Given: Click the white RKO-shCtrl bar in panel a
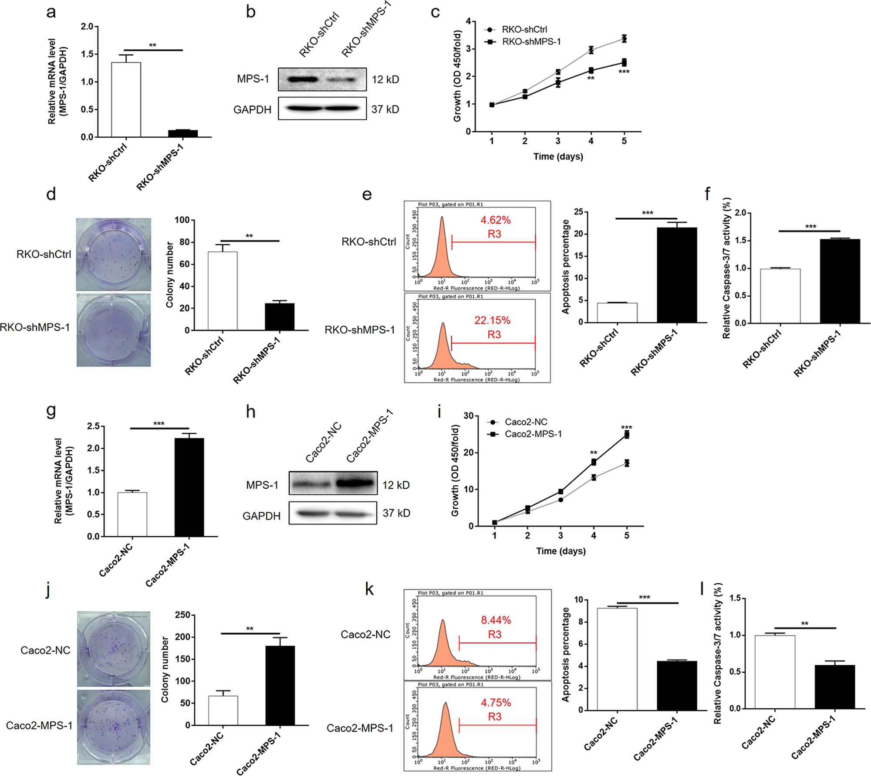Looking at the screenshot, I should point(126,100).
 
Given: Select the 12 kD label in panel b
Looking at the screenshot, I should point(385,79).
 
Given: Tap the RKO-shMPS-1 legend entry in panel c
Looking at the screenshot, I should point(531,42).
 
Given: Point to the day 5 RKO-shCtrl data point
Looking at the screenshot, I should point(624,39).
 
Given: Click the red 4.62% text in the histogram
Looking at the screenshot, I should point(495,220).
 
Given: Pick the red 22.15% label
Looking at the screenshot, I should point(492,320).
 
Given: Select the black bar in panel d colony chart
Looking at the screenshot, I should point(279,317).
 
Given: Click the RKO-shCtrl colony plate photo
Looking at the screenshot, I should point(114,254).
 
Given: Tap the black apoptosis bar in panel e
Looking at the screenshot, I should point(677,275).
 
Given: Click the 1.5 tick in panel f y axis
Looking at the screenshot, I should point(740,241).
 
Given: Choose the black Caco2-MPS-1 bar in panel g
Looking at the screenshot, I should point(189,487).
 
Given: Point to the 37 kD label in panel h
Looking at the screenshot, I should point(396,513).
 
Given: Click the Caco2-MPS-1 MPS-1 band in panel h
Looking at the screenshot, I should point(355,483).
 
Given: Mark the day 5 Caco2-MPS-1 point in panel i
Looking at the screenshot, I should point(627,435).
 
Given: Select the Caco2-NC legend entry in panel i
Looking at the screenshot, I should point(525,422).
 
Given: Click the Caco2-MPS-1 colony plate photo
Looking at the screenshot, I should point(114,727).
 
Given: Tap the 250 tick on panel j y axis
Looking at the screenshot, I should point(182,615).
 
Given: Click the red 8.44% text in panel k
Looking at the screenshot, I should point(496,620).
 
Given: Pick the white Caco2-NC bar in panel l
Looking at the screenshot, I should point(775,671).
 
